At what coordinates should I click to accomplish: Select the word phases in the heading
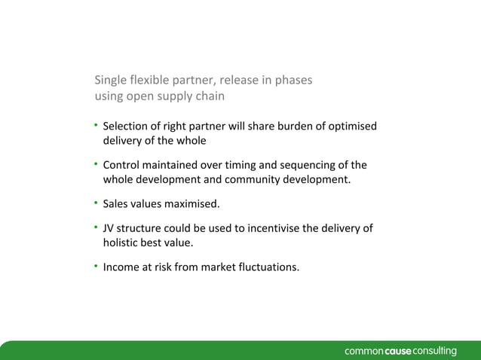tap(293, 80)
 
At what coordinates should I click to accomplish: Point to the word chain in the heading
tap(210, 96)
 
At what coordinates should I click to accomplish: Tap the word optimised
tap(352, 126)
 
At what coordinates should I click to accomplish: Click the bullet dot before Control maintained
tap(97, 164)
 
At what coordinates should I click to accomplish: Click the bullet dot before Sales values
tap(97, 203)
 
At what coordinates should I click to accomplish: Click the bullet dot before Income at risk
tap(97, 265)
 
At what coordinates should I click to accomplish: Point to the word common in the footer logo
tap(365, 351)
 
